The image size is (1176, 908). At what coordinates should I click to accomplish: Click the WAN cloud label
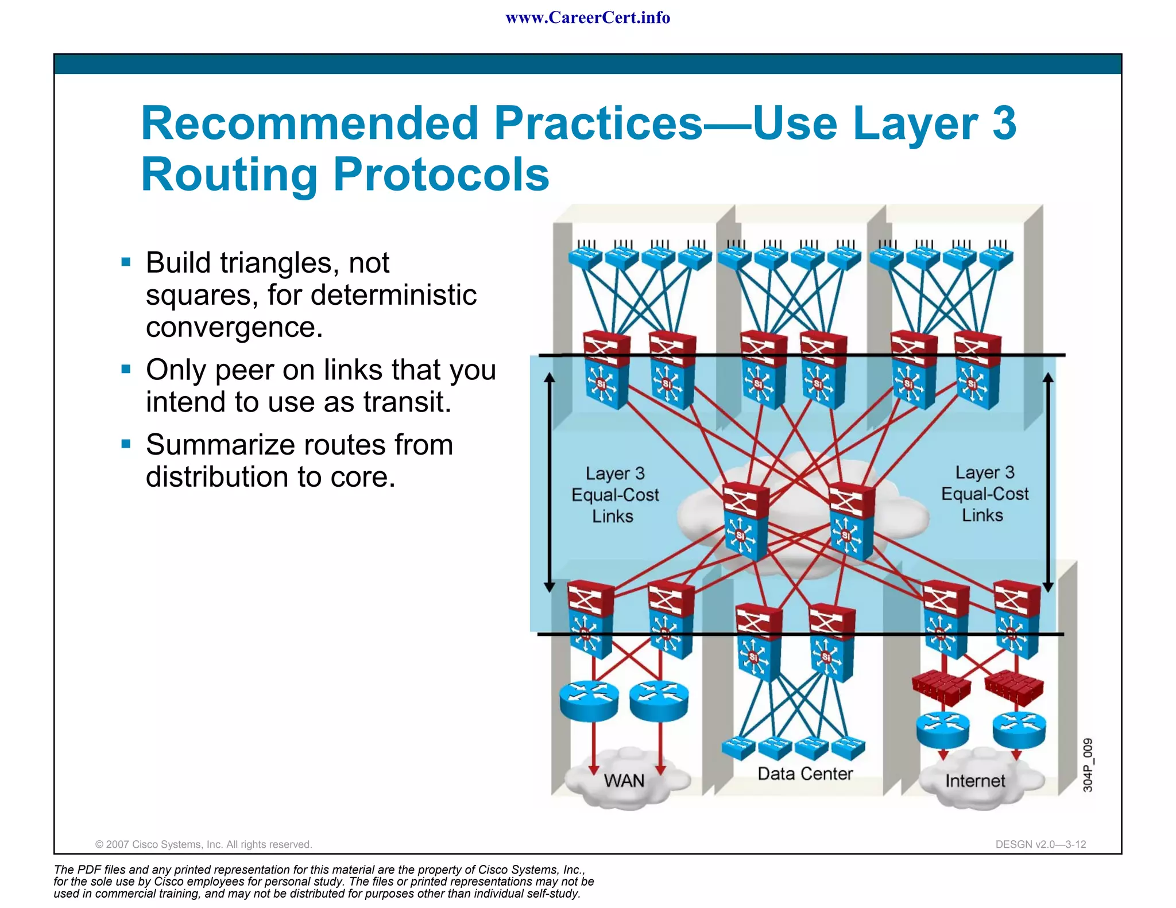coord(624,781)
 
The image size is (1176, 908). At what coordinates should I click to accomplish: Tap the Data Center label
coord(805,774)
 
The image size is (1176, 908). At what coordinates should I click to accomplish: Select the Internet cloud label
coord(975,781)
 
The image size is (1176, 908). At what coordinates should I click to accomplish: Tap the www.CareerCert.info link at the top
coord(587,18)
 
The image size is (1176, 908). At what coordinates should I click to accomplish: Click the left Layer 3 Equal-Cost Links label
coord(614,495)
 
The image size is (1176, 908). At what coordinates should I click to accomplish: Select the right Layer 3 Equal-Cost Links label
coord(984,494)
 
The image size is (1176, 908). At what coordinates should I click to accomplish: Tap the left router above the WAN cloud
coord(589,700)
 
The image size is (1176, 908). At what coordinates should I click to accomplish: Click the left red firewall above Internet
coord(941,686)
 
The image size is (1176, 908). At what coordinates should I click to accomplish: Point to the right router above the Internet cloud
coord(1019,729)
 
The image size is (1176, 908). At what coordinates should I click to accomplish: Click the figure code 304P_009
coord(1088,765)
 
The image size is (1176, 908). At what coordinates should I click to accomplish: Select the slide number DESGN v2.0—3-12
coord(1040,844)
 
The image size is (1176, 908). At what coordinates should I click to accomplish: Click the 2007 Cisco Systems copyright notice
coord(203,844)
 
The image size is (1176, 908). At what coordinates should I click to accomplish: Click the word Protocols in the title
coord(441,174)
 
